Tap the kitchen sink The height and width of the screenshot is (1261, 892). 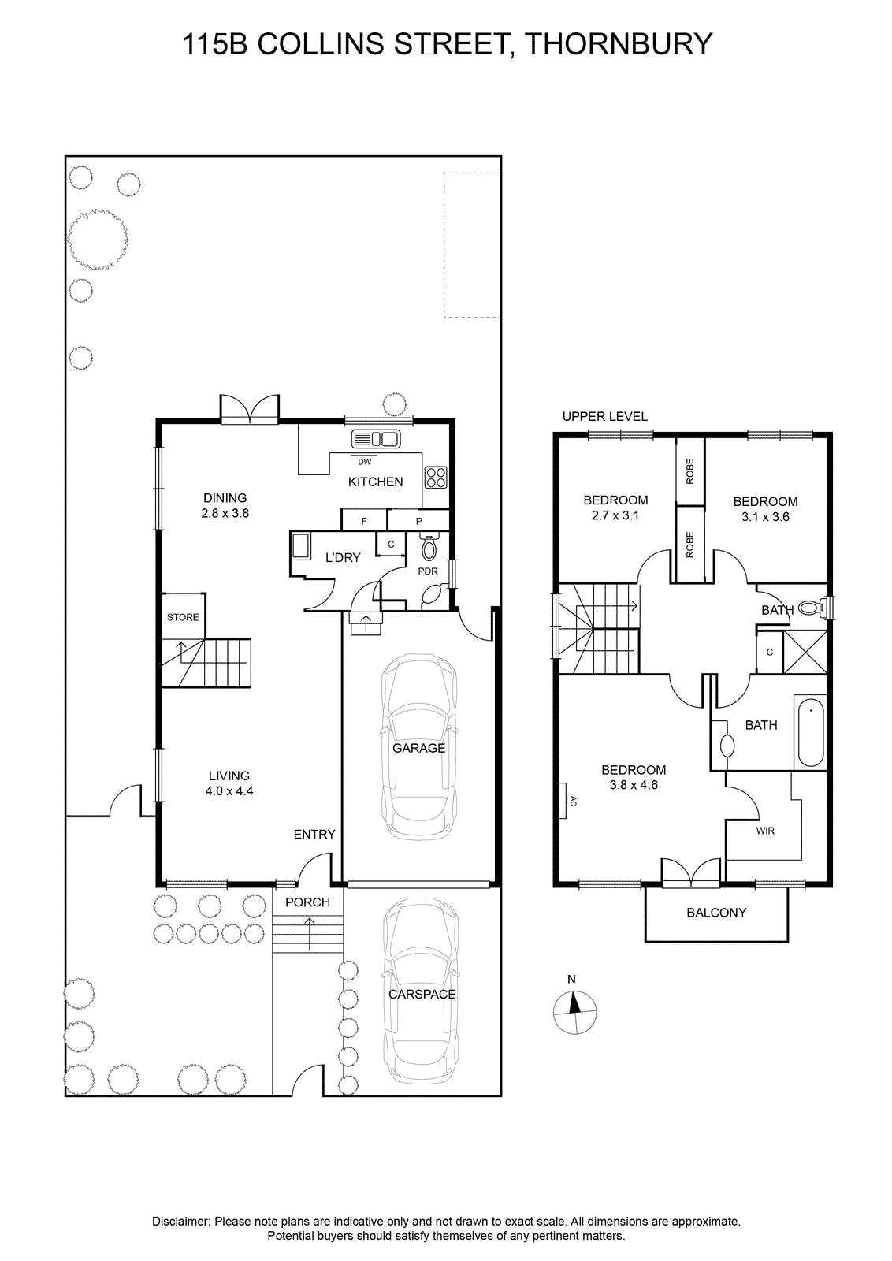(x=375, y=439)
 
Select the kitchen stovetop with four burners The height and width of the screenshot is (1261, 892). (x=436, y=478)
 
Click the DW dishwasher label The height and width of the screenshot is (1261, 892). (x=365, y=462)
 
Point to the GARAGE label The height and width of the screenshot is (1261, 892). (x=418, y=748)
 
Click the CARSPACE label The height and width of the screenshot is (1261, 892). (x=422, y=994)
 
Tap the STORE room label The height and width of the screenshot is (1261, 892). (x=183, y=617)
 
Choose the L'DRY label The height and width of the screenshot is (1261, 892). (x=343, y=557)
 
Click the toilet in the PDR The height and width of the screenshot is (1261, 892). (x=429, y=547)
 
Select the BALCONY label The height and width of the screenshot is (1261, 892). (x=716, y=913)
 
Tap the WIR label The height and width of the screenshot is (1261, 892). (x=765, y=831)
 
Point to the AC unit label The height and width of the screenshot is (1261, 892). (x=574, y=801)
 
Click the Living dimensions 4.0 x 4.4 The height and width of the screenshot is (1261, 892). (x=229, y=791)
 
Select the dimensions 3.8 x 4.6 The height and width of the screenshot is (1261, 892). (x=634, y=785)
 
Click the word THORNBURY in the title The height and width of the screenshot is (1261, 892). (x=619, y=44)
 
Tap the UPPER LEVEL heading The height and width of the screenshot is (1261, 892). (x=605, y=416)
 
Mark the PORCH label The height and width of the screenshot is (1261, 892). (x=307, y=902)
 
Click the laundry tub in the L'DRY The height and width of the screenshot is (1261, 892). (x=300, y=545)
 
